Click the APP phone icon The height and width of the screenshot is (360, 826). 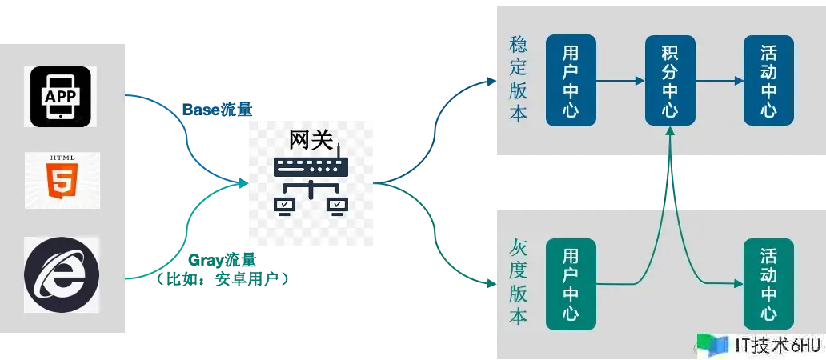pyautogui.click(x=60, y=96)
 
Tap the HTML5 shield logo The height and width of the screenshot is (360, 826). pyautogui.click(x=62, y=180)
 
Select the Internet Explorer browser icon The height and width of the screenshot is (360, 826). pyautogui.click(x=61, y=274)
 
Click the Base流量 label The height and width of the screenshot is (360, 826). pyautogui.click(x=218, y=110)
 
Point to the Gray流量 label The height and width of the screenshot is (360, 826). pyautogui.click(x=223, y=260)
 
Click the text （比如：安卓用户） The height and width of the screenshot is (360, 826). pyautogui.click(x=223, y=279)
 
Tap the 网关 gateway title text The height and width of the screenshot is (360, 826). pyautogui.click(x=311, y=140)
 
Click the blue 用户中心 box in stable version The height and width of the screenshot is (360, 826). pyautogui.click(x=571, y=81)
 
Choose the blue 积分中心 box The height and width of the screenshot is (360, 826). pyautogui.click(x=670, y=81)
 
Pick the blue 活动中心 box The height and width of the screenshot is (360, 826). pyautogui.click(x=768, y=81)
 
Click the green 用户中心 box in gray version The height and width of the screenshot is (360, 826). pyautogui.click(x=571, y=284)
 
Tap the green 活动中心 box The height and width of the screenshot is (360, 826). pyautogui.click(x=768, y=284)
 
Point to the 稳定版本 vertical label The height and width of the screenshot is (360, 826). pyautogui.click(x=519, y=79)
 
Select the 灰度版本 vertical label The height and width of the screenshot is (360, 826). pyautogui.click(x=519, y=282)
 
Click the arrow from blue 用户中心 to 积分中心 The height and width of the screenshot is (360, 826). pyautogui.click(x=620, y=81)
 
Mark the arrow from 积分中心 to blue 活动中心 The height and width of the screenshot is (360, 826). pyautogui.click(x=719, y=81)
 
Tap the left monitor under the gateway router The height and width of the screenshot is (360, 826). pyautogui.click(x=284, y=206)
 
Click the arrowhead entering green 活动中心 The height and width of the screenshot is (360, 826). pyautogui.click(x=739, y=284)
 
